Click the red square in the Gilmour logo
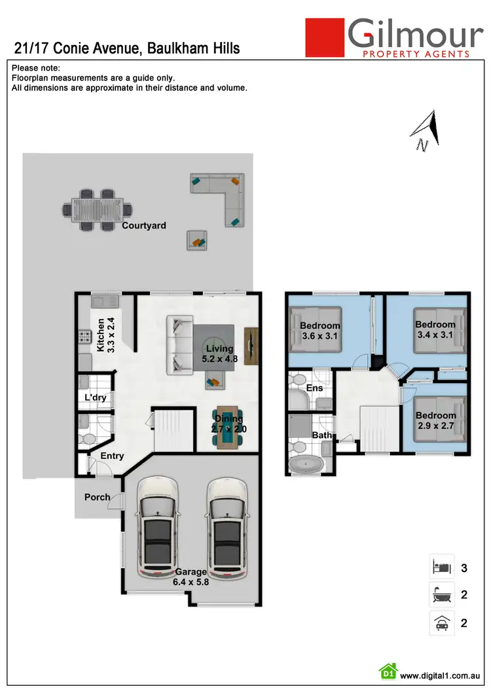click(x=325, y=37)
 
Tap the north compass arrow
click(x=426, y=130)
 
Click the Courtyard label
click(x=144, y=226)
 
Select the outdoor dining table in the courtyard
click(x=96, y=209)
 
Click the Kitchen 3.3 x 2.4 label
click(x=105, y=335)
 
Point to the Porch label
click(x=97, y=497)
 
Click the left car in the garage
click(x=156, y=526)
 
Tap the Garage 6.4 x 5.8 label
click(x=190, y=577)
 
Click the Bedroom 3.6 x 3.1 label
click(x=320, y=331)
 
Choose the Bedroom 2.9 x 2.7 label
click(x=435, y=420)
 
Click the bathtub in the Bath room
click(x=306, y=465)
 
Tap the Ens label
click(x=315, y=388)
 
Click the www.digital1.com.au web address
click(x=441, y=675)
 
